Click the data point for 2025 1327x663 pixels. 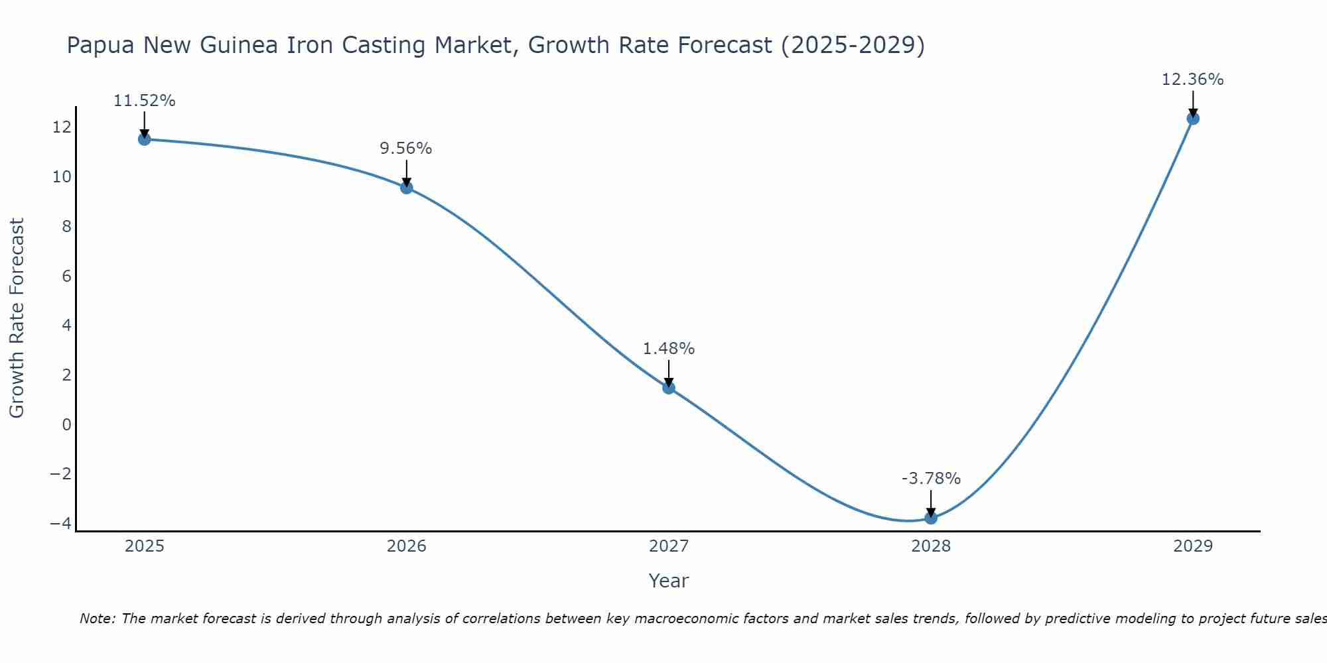(x=144, y=139)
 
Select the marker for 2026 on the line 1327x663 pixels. (x=406, y=188)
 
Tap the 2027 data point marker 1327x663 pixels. (x=669, y=388)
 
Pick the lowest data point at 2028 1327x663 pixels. (x=931, y=518)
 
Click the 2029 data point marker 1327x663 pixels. (x=1193, y=119)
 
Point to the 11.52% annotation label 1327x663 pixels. (x=144, y=101)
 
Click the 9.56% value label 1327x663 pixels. (x=406, y=149)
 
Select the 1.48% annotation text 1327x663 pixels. (x=669, y=349)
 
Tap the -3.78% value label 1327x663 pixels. (x=931, y=479)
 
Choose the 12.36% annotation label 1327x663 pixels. (x=1192, y=80)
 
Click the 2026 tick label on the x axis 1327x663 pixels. (x=406, y=546)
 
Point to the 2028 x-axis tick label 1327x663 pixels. (x=931, y=546)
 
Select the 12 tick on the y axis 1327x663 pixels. (x=62, y=127)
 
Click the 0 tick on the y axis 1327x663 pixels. (x=66, y=424)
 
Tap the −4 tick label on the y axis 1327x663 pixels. (x=60, y=523)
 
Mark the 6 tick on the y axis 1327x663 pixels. (x=66, y=276)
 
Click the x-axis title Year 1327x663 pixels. (x=669, y=581)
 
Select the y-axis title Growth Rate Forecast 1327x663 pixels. (x=17, y=318)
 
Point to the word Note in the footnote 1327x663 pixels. (x=97, y=619)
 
